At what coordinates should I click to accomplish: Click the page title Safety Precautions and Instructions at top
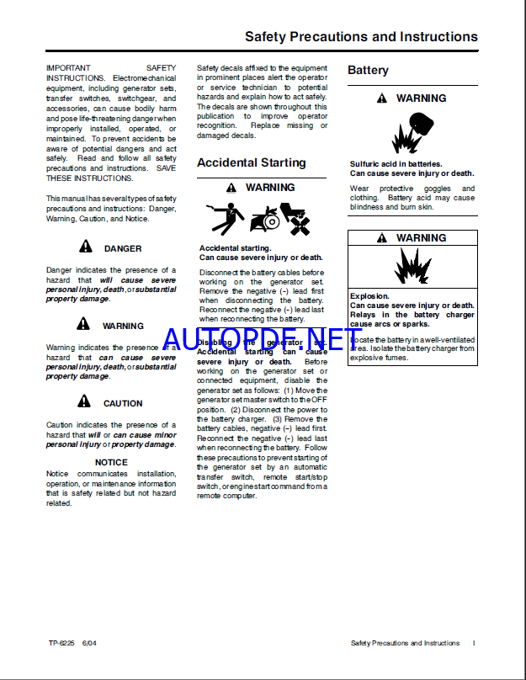coord(361,37)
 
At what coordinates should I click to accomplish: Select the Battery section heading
coord(369,71)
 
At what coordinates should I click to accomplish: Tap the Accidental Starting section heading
coord(252,162)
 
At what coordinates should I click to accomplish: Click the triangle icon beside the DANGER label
coord(85,247)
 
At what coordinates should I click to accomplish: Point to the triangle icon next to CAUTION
coord(85,401)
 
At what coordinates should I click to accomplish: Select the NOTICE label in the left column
coord(111,462)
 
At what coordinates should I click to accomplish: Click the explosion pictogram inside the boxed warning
coord(412,268)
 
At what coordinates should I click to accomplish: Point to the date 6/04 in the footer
coord(89,643)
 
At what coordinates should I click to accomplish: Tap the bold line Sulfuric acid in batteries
coord(396,164)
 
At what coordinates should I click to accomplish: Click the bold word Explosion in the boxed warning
coord(369,296)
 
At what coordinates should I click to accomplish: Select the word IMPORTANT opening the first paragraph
coord(68,67)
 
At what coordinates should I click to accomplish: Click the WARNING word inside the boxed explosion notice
coord(421,238)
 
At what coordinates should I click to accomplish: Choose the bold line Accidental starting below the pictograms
coord(235,248)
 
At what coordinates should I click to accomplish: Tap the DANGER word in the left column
coord(123,248)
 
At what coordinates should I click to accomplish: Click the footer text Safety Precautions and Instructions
coord(405,643)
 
